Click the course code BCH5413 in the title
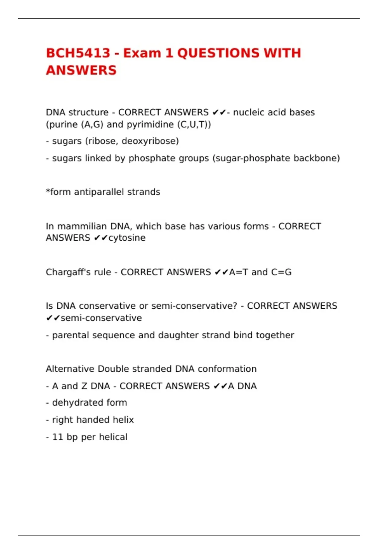pyautogui.click(x=78, y=53)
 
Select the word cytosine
pyautogui.click(x=127, y=238)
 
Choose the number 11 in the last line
pyautogui.click(x=58, y=437)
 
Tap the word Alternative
pyautogui.click(x=70, y=369)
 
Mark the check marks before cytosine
pyautogui.click(x=101, y=238)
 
